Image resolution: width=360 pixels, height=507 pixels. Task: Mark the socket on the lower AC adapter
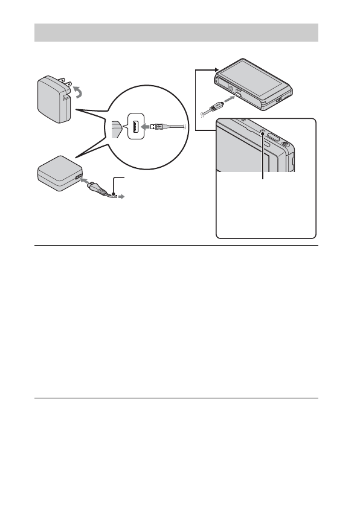tap(78, 177)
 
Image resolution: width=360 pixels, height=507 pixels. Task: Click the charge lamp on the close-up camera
tap(263, 131)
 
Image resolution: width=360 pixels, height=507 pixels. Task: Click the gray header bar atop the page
tap(175, 32)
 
